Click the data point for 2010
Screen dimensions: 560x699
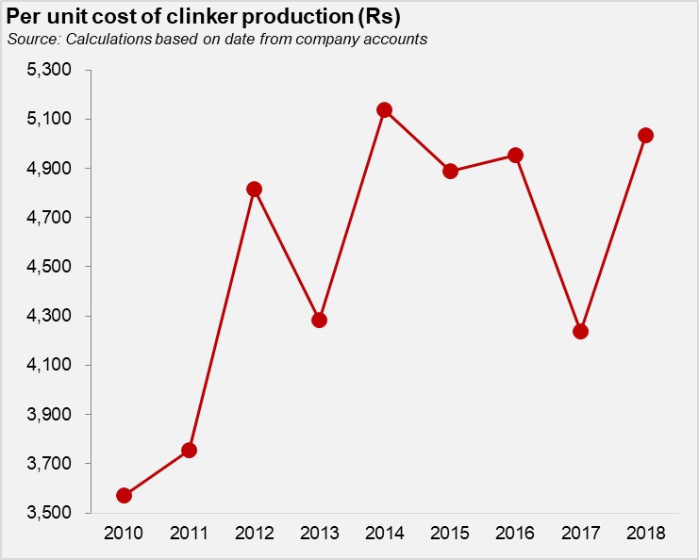coord(124,495)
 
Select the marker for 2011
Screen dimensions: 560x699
coord(189,450)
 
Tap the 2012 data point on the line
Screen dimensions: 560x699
coord(254,189)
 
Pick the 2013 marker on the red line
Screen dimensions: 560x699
coord(319,320)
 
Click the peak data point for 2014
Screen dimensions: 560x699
coord(385,109)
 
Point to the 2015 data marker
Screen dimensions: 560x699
coord(450,171)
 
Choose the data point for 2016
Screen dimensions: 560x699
coord(515,155)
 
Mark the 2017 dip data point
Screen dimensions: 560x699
coord(580,331)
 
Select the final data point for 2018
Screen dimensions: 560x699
coord(645,135)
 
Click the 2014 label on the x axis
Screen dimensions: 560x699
coord(385,534)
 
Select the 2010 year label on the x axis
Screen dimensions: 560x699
coord(124,534)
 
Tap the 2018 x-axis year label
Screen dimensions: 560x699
coord(645,534)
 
